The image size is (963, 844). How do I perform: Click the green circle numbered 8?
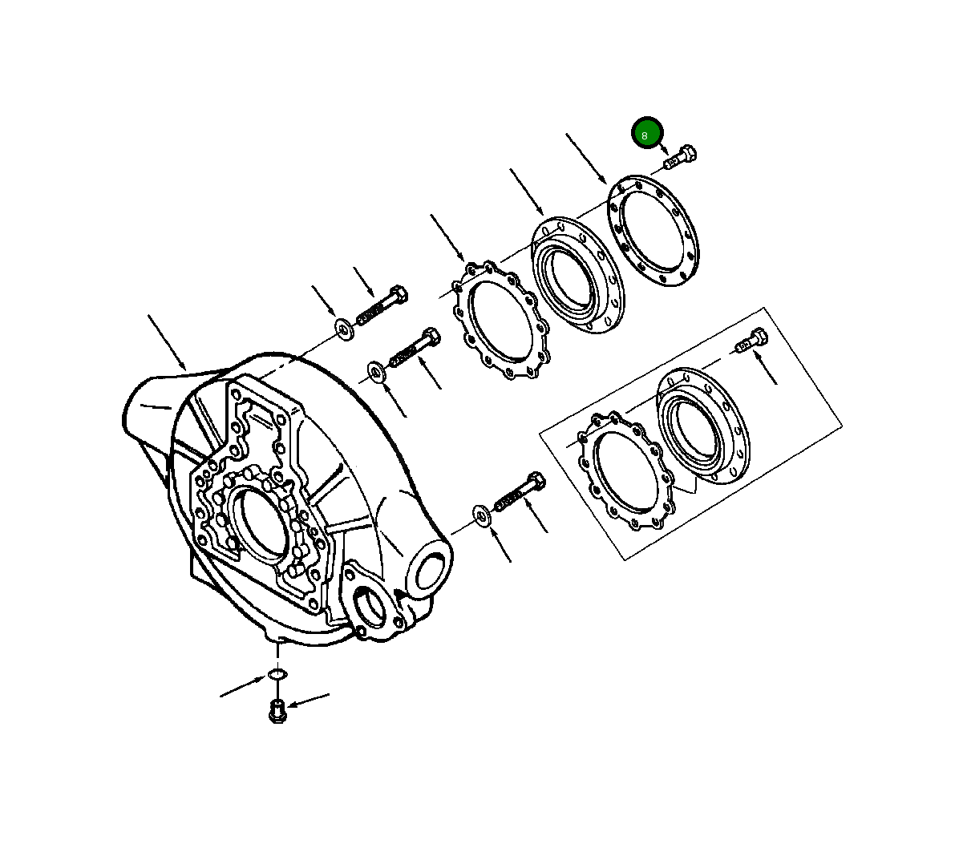pyautogui.click(x=646, y=132)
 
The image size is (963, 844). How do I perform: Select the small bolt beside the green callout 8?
pyautogui.click(x=680, y=158)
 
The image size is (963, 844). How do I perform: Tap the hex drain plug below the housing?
pyautogui.click(x=277, y=711)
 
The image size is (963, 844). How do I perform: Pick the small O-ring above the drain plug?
pyautogui.click(x=277, y=674)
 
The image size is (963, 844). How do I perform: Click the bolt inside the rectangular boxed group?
pyautogui.click(x=751, y=341)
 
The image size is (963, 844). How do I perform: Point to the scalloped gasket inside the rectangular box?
pyautogui.click(x=626, y=471)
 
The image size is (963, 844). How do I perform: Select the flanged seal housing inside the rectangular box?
pyautogui.click(x=703, y=426)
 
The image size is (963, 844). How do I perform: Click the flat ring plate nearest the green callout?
pyautogui.click(x=653, y=231)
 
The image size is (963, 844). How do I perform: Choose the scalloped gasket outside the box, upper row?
pyautogui.click(x=500, y=319)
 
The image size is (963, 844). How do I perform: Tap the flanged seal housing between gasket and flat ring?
pyautogui.click(x=577, y=275)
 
